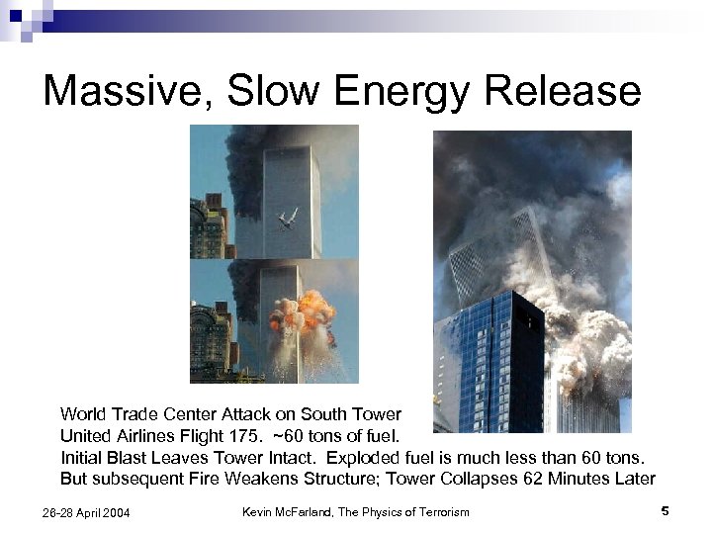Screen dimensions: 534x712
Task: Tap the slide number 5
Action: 666,511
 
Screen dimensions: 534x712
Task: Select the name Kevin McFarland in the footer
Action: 293,511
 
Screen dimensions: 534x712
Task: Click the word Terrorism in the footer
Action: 434,511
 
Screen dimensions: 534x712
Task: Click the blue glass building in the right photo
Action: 489,366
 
